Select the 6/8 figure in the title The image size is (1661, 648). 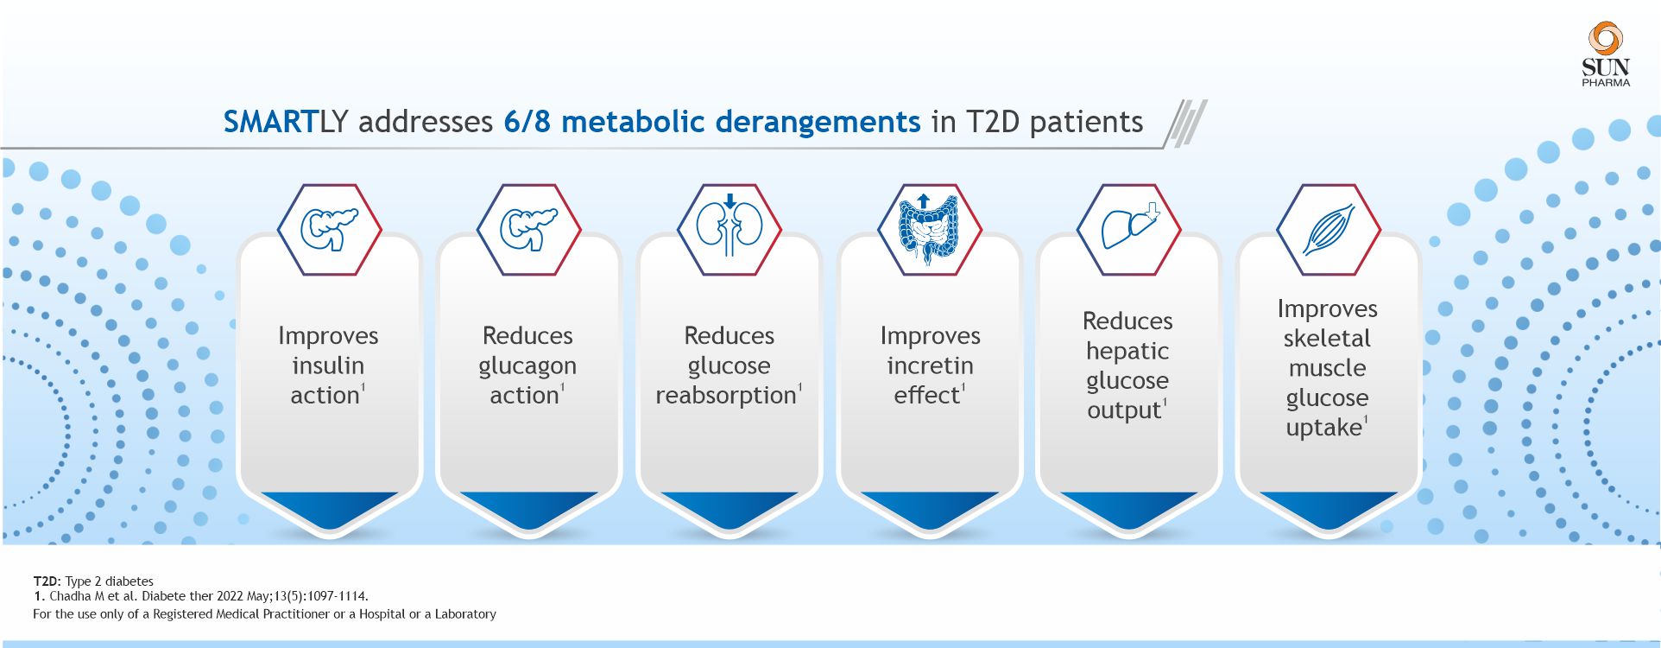[527, 122]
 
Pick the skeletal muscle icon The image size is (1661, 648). [1328, 230]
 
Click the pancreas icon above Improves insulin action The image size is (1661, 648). [329, 229]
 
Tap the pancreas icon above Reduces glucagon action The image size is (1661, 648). [528, 229]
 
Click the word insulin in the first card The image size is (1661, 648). [328, 365]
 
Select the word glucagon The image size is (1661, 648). [527, 366]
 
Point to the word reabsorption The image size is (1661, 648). [726, 396]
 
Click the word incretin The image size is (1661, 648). [930, 365]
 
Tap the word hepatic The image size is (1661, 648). [1127, 351]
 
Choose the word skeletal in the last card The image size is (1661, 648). [1327, 338]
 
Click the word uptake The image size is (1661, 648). [1323, 428]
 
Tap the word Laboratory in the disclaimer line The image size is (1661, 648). [465, 614]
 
